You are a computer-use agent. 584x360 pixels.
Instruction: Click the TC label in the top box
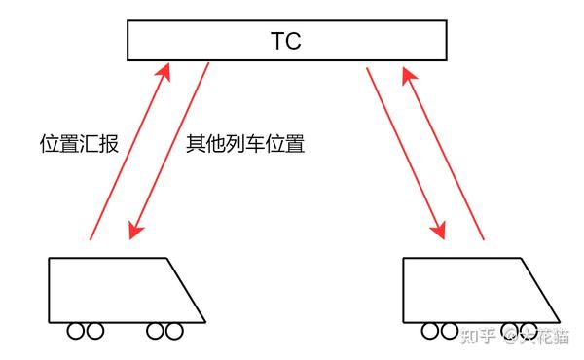tap(287, 43)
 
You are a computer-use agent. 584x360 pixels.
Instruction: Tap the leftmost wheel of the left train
tap(77, 332)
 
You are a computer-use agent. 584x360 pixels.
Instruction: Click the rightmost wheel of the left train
tap(174, 332)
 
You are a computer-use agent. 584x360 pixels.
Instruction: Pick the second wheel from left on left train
tap(94, 332)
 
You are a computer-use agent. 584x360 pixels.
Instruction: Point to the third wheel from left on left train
tap(157, 332)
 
